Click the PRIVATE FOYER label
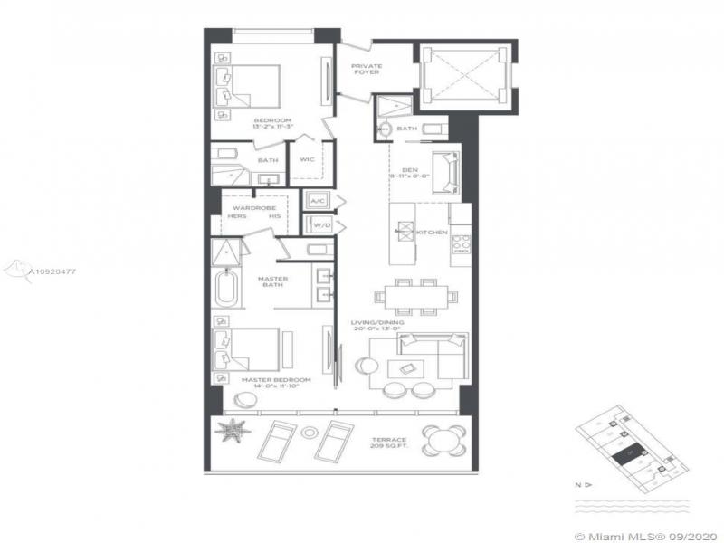tap(367, 68)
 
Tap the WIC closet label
tap(306, 161)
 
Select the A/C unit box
tap(317, 200)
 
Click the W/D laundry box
tap(317, 224)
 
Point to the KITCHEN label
tap(433, 233)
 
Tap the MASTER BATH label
tap(271, 282)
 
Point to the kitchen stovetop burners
tap(460, 243)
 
